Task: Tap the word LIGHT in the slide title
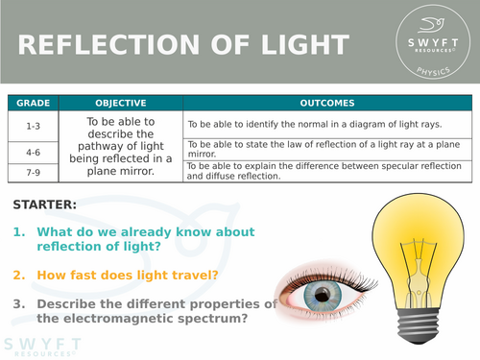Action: tap(303, 45)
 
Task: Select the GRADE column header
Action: tap(33, 103)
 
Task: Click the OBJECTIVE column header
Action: tap(121, 103)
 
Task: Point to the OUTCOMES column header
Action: tap(327, 103)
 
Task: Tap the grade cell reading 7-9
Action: tap(33, 171)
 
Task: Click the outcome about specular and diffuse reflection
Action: tap(326, 171)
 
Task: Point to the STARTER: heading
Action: tap(45, 204)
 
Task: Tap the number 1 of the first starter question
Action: tap(19, 232)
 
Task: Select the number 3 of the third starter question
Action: tap(19, 304)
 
